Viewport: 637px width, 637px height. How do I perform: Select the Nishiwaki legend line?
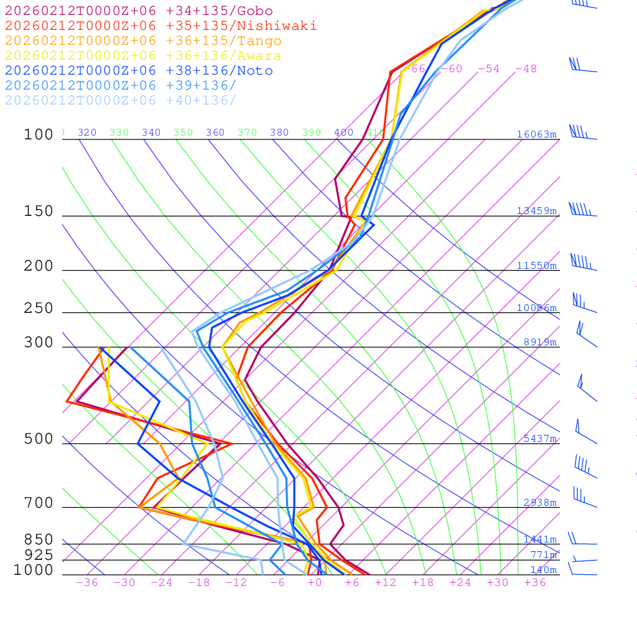[160, 26]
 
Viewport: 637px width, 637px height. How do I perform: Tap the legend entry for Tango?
[143, 41]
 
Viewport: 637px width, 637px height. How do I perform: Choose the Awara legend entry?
[143, 56]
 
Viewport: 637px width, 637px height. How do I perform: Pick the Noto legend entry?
[138, 71]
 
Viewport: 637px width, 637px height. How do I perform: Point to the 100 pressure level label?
[39, 134]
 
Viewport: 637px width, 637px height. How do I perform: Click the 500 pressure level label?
[39, 439]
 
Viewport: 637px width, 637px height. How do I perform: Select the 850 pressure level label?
[39, 539]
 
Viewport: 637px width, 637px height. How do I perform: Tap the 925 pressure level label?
[39, 555]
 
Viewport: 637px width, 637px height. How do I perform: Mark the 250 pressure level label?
[39, 309]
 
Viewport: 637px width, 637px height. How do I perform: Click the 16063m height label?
[537, 134]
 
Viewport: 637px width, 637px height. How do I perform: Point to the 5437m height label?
[540, 439]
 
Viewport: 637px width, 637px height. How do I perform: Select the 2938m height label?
[540, 503]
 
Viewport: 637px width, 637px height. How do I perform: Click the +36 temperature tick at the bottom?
[535, 583]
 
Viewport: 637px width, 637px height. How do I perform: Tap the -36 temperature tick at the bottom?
[87, 583]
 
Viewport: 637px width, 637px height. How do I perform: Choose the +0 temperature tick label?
[315, 583]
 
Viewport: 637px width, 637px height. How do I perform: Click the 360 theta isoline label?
[215, 133]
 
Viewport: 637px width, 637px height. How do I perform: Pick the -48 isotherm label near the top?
[526, 69]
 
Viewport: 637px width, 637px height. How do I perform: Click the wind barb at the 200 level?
[582, 263]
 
